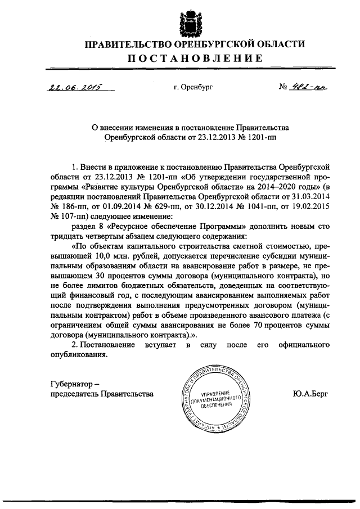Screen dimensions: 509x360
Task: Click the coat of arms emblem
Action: (x=188, y=20)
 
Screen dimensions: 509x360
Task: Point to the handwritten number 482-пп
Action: (x=309, y=87)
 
